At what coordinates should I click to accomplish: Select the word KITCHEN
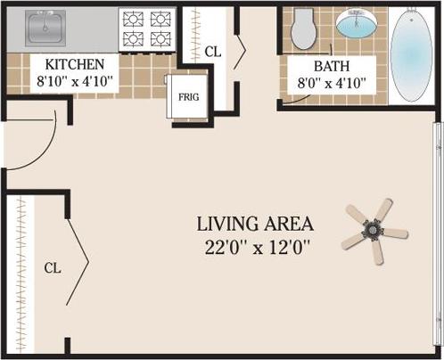click(76, 65)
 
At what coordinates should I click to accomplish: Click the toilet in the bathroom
click(304, 29)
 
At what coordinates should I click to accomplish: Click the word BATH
click(331, 67)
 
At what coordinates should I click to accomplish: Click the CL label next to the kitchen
click(212, 52)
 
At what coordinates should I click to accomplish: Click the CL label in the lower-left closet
click(53, 266)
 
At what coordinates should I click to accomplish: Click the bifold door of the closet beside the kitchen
click(239, 52)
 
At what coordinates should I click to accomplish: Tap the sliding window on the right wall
click(437, 232)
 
